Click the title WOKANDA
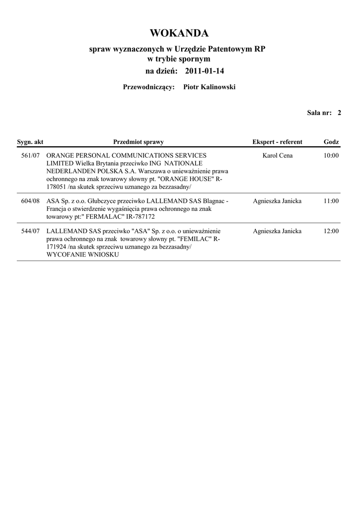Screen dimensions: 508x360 pos(179,33)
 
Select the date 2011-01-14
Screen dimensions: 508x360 pos(205,71)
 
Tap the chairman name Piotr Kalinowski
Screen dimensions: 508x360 pos(210,87)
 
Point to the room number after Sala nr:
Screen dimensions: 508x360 pos(339,113)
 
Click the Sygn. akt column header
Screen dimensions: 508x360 pos(30,142)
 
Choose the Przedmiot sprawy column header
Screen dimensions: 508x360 pos(139,142)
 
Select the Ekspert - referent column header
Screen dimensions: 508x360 pos(277,142)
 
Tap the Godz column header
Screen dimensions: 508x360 pos(331,142)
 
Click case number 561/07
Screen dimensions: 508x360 pos(31,156)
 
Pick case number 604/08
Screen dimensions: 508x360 pos(31,201)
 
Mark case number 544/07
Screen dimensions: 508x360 pos(31,231)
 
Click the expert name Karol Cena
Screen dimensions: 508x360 pos(277,156)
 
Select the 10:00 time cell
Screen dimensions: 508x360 pos(331,156)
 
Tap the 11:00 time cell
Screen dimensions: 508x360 pos(331,201)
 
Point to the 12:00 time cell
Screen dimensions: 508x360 pos(331,231)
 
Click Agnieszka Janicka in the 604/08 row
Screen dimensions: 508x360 pos(277,201)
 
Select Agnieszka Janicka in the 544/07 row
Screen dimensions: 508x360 pos(277,231)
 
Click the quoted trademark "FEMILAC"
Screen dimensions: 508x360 pos(193,239)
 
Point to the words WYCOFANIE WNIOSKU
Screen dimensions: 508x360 pos(82,254)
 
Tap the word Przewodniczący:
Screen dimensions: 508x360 pos(148,87)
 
